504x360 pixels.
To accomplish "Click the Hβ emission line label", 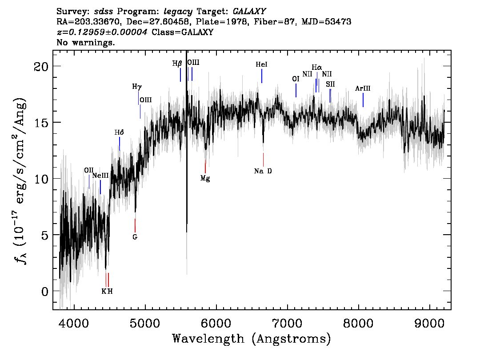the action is (177, 64).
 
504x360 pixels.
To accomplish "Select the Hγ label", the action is (137, 87).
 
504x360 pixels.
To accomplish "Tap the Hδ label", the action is (119, 132).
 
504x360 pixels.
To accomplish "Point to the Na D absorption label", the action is (263, 171).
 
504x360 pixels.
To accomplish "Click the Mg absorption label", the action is (205, 178).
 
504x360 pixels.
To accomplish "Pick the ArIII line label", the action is (363, 88).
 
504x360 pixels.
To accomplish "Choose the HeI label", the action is (262, 64).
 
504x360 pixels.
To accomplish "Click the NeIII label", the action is (100, 176).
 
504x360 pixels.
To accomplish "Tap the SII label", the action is (330, 84).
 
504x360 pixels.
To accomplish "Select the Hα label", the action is (317, 68).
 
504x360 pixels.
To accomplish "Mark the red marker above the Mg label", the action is (205, 166).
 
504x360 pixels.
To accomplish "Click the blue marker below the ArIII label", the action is (363, 100).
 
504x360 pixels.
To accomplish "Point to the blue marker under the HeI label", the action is (262, 76).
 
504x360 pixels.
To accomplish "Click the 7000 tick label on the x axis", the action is (287, 324).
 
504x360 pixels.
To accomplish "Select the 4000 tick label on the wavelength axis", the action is (74, 324).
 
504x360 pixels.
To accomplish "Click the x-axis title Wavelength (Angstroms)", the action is (252, 339).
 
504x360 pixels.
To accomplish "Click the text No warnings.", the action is (85, 42).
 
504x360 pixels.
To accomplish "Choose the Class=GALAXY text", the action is (182, 32).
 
